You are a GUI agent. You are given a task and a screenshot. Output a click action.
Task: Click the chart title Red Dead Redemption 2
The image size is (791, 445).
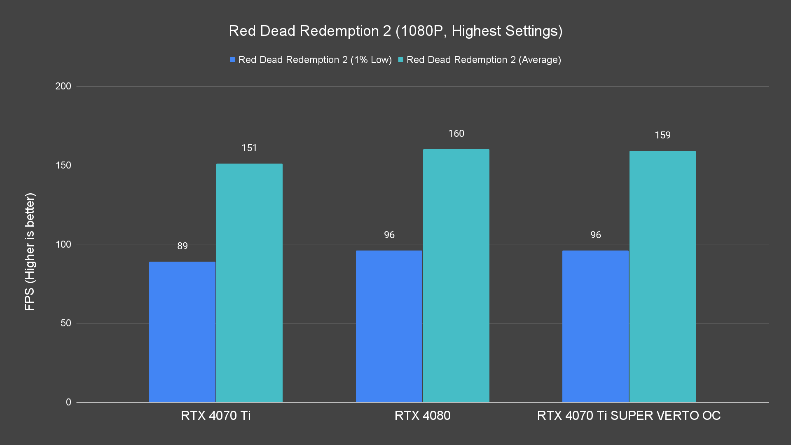[x=395, y=31]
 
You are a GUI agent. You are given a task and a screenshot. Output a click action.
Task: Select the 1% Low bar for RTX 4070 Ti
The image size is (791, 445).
[x=182, y=332]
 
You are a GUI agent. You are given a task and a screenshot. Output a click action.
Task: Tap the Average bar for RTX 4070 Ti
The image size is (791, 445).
[x=249, y=283]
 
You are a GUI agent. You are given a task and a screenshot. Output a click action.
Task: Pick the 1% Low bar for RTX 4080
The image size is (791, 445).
[x=389, y=326]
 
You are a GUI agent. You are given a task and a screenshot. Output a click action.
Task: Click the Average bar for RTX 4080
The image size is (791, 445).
[x=456, y=276]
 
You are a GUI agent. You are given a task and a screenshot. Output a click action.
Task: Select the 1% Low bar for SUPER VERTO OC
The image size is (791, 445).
[x=595, y=326]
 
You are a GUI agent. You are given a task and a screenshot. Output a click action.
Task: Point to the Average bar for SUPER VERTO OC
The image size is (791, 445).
[x=662, y=276]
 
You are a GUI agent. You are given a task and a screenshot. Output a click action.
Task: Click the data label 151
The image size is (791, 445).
[x=249, y=148]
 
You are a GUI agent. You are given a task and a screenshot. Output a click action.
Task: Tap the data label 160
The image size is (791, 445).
[x=456, y=133]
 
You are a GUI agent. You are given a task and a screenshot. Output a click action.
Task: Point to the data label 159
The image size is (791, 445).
[x=662, y=135]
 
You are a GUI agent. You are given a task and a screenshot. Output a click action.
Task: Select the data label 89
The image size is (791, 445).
[x=183, y=246]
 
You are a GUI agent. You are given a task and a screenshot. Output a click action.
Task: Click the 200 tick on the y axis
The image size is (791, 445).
[x=63, y=86]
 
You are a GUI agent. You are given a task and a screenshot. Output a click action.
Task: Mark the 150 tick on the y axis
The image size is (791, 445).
[x=63, y=165]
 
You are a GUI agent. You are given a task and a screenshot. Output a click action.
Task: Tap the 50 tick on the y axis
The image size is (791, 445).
[x=66, y=323]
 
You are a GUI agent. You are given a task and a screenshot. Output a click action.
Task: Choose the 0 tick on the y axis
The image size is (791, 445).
[x=68, y=402]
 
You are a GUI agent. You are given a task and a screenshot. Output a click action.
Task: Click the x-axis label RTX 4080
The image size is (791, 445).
[x=422, y=415]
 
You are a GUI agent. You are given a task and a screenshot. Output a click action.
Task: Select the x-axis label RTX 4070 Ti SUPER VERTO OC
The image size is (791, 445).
[x=629, y=415]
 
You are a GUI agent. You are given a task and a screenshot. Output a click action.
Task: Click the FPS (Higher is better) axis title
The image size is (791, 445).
[x=30, y=251]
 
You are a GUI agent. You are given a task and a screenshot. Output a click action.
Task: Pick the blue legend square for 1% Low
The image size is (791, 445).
[x=233, y=60]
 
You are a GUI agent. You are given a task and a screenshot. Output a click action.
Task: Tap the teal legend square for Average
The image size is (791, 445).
[x=400, y=60]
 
